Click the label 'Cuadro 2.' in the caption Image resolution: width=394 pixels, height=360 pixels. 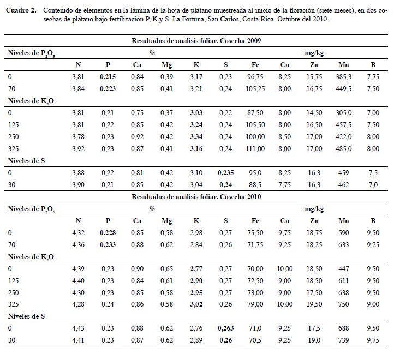click(x=21, y=10)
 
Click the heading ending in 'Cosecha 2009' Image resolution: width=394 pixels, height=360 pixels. click(x=196, y=41)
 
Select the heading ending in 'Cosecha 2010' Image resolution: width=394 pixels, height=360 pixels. click(x=196, y=197)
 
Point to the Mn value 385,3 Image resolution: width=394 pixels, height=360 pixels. click(x=343, y=77)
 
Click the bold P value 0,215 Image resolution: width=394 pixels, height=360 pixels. click(x=108, y=77)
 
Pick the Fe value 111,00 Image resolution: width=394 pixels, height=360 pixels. click(x=255, y=149)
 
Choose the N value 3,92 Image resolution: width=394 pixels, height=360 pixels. click(x=78, y=149)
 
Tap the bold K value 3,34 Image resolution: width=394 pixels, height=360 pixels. click(x=196, y=137)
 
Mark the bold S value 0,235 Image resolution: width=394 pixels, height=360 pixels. click(x=225, y=173)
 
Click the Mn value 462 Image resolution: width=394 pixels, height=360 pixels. click(x=343, y=185)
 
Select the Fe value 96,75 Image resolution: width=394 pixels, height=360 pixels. click(x=255, y=77)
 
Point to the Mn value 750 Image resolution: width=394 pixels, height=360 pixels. click(x=343, y=304)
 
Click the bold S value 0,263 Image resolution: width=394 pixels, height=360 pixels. click(x=225, y=328)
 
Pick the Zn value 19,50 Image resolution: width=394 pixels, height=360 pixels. click(x=314, y=304)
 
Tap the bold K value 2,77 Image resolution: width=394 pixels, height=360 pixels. click(x=196, y=269)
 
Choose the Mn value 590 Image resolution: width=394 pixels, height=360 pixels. click(x=343, y=233)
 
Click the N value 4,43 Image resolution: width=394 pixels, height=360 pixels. click(x=78, y=328)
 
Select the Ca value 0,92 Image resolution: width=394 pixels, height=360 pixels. click(x=137, y=137)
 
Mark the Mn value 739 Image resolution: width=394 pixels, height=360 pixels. click(x=343, y=340)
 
